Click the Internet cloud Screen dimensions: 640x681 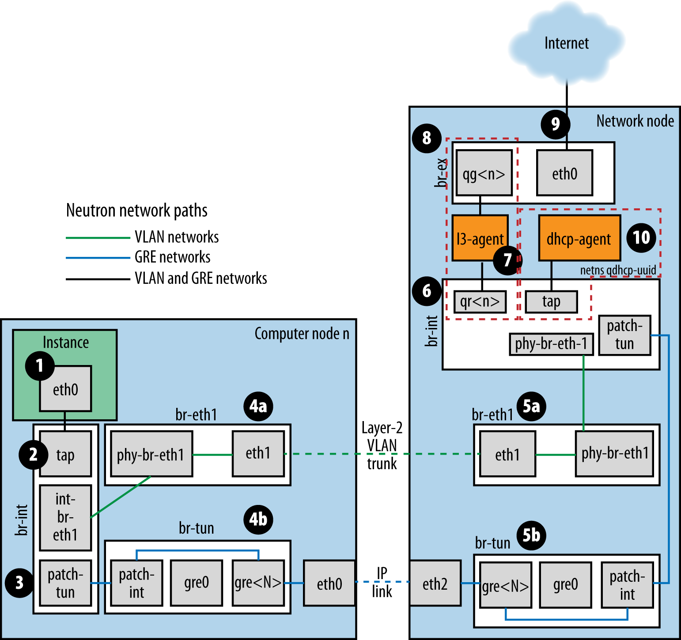566,44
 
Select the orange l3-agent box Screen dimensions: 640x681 480,238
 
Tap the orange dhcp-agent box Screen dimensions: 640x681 579,238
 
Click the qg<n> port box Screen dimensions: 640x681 484,173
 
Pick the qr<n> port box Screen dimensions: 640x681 480,301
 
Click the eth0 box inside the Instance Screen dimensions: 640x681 65,389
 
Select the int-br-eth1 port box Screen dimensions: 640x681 65,517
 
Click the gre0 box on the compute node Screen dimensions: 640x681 197,583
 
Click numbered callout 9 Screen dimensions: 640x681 555,124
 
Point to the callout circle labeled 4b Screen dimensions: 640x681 258,520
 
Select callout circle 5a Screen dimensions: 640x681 531,406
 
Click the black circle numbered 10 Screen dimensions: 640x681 641,237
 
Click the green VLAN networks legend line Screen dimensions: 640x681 98,237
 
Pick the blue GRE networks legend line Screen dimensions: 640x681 98,258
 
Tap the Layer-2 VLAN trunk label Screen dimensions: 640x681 382,445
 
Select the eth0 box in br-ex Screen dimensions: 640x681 564,173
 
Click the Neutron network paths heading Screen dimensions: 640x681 136,211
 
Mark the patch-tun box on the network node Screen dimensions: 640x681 624,335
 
